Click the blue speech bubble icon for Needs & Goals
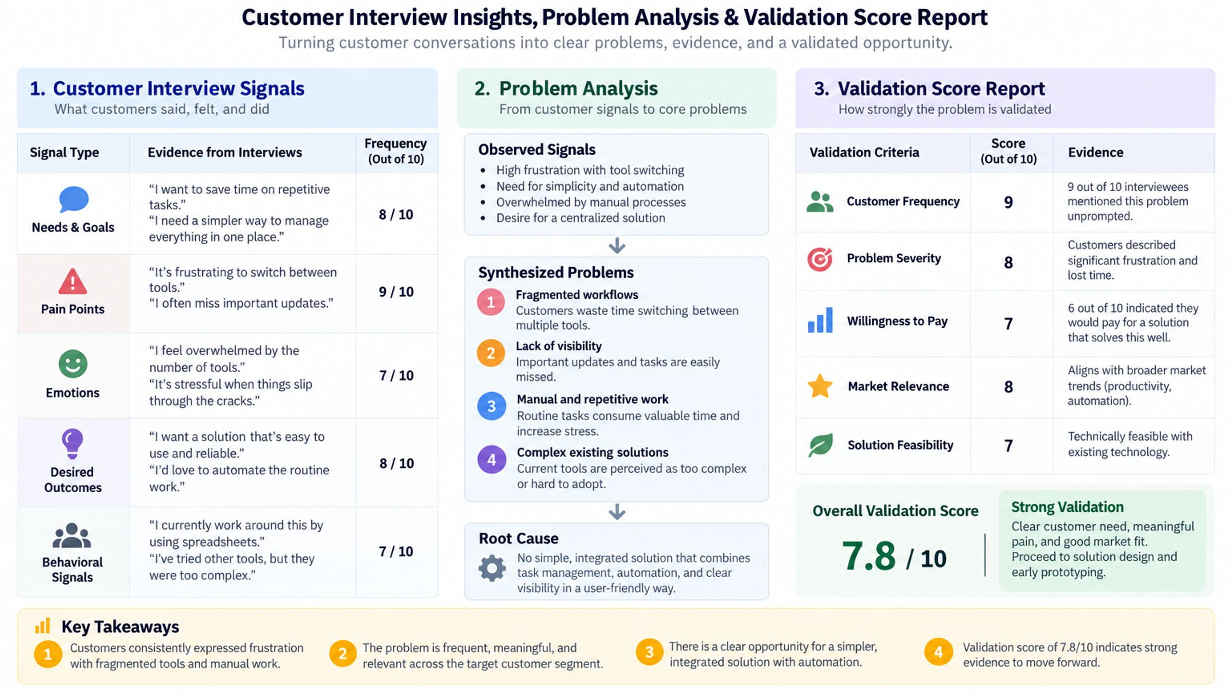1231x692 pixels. tap(74, 199)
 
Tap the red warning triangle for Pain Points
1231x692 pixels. tap(73, 282)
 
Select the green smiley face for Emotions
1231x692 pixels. tap(73, 364)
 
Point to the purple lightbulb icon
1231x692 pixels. tap(72, 444)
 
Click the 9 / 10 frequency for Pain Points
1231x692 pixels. tap(396, 292)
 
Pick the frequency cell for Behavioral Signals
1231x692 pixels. tap(396, 551)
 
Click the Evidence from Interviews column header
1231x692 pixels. tap(225, 152)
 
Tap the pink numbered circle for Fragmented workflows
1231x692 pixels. tap(490, 302)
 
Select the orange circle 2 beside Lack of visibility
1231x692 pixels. tap(490, 353)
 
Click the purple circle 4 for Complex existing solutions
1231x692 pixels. tap(491, 459)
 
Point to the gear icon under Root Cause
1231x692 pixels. tap(492, 568)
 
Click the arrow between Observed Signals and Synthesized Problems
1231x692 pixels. tap(617, 246)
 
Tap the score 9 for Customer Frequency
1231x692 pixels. tap(1008, 202)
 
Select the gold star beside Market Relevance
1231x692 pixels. tap(820, 386)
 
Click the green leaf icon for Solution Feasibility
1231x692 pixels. tap(820, 445)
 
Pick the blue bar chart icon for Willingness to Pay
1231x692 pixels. tap(820, 320)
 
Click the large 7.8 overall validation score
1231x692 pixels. tap(868, 556)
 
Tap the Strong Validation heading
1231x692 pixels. tap(1067, 507)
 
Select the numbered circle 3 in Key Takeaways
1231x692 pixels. tap(649, 652)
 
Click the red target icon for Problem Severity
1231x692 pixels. tap(820, 259)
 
